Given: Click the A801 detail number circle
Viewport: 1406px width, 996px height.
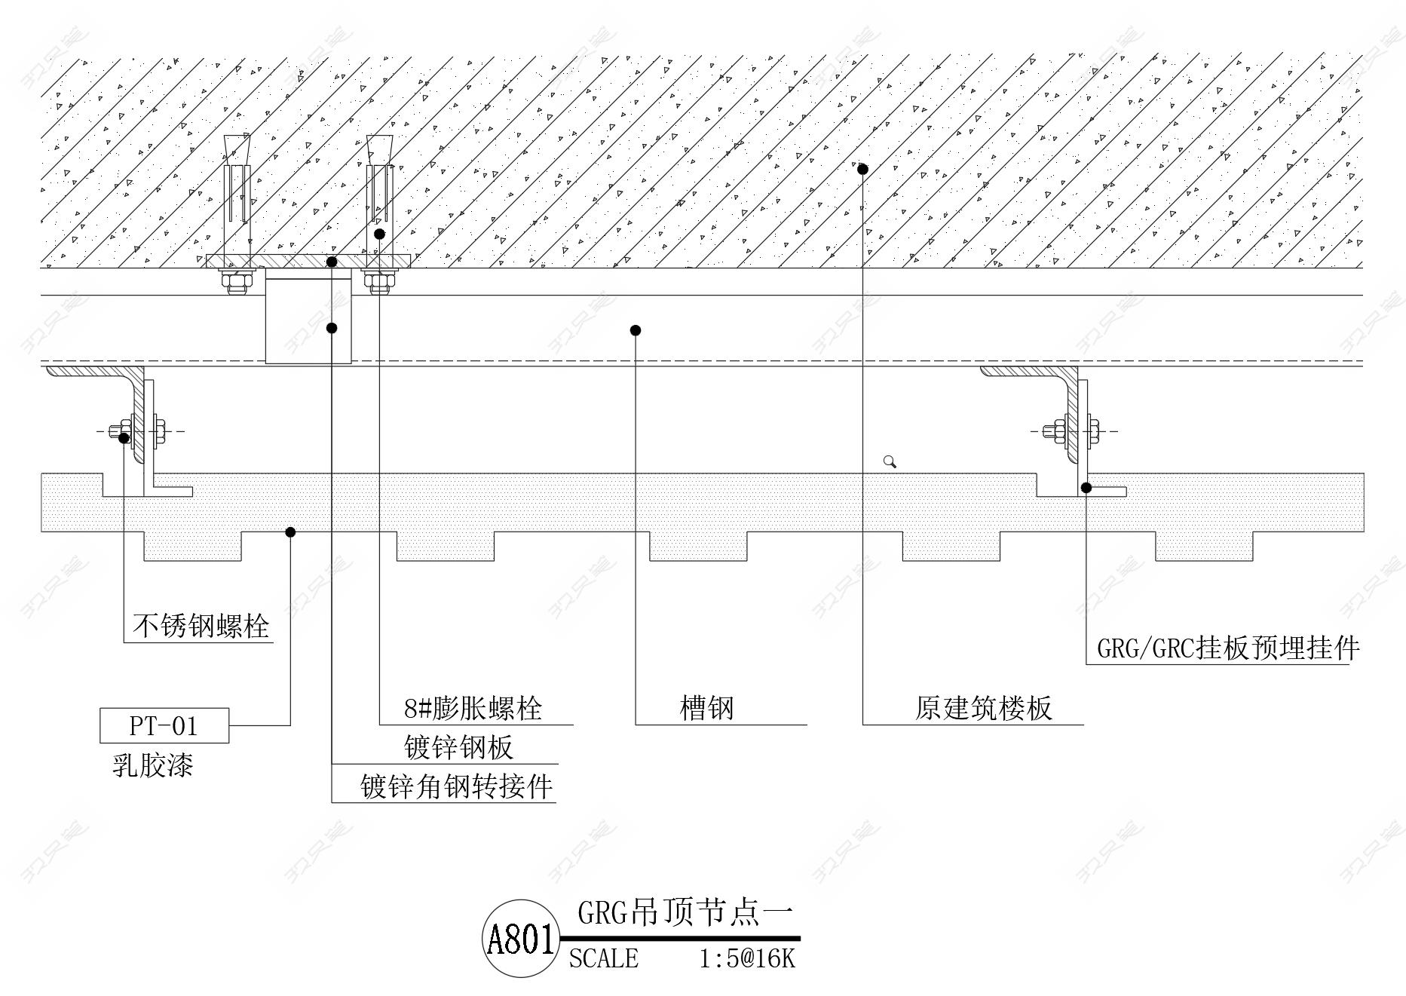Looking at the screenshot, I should [x=521, y=939].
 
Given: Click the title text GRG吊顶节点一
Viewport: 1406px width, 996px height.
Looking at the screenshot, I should [x=685, y=913].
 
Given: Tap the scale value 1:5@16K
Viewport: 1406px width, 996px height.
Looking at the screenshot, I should [x=746, y=958].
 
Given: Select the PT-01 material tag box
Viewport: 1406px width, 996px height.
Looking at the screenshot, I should [x=164, y=725].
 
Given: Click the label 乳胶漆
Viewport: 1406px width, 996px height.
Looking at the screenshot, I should [x=153, y=765].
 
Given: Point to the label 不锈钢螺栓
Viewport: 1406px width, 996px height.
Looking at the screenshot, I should [x=201, y=626].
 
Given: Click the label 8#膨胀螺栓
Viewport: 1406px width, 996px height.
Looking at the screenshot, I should [x=473, y=708].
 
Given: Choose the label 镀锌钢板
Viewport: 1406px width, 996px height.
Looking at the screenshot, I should [x=458, y=747].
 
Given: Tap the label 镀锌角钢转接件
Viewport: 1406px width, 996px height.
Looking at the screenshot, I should [x=456, y=786].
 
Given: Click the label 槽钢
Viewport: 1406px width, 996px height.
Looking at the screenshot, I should [x=706, y=708].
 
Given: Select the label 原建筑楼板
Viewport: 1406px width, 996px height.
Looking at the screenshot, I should [x=983, y=708].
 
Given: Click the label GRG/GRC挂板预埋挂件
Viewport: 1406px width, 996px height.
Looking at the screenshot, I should [x=1228, y=648].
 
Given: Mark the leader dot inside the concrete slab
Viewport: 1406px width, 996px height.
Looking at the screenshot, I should [x=862, y=169].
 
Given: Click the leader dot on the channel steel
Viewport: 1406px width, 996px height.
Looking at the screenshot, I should [x=636, y=330].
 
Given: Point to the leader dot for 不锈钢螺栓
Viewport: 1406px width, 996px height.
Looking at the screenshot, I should [x=124, y=437].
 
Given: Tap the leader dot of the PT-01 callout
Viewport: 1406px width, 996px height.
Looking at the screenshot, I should [x=290, y=532].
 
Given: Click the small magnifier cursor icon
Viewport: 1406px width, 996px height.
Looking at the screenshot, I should [x=890, y=461].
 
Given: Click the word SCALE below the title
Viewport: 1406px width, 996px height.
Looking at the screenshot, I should [x=603, y=958].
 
